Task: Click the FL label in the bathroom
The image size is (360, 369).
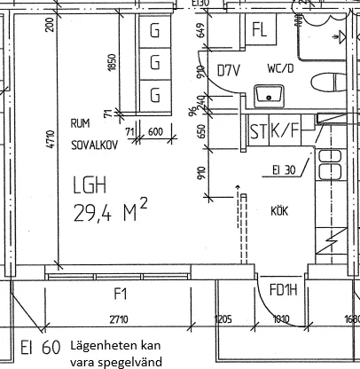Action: tap(260, 29)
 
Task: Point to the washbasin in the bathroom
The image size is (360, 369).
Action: tap(265, 93)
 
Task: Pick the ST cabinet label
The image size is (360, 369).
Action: tap(258, 132)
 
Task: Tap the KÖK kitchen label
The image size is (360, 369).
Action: tap(284, 210)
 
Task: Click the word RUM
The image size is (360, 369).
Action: tap(80, 123)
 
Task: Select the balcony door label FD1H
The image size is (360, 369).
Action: tap(283, 290)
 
